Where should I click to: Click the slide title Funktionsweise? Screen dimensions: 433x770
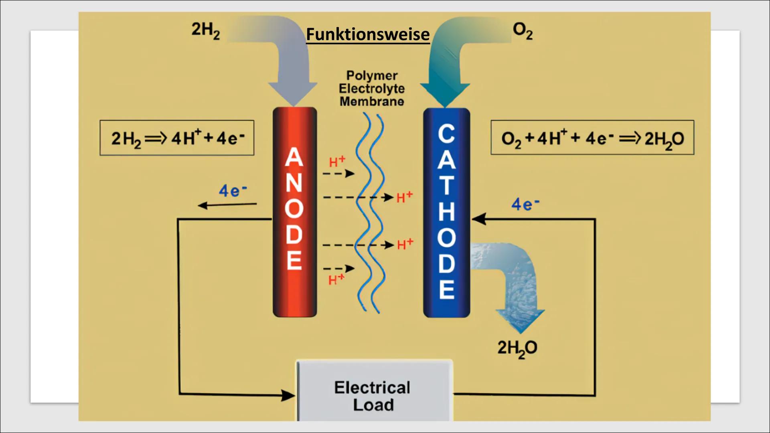[367, 34]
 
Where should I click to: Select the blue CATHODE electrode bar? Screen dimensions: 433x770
[446, 212]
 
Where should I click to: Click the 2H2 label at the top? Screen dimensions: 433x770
[205, 30]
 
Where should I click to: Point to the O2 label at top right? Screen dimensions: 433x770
[523, 30]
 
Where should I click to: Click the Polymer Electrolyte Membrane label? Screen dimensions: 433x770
[372, 89]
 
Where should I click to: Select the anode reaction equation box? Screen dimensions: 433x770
[177, 138]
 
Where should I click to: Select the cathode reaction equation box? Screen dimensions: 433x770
[592, 138]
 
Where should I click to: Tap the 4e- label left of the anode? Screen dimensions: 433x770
[233, 190]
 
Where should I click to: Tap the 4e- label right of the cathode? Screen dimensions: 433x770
[525, 204]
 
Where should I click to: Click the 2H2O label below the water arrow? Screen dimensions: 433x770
[517, 348]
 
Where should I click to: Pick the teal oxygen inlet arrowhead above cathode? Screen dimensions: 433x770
[445, 94]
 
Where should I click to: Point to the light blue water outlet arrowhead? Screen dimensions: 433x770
[520, 320]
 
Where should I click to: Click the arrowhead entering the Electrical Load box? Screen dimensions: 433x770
[288, 395]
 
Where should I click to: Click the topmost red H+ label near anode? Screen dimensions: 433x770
[337, 162]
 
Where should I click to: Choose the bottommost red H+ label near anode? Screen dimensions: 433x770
[336, 279]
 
